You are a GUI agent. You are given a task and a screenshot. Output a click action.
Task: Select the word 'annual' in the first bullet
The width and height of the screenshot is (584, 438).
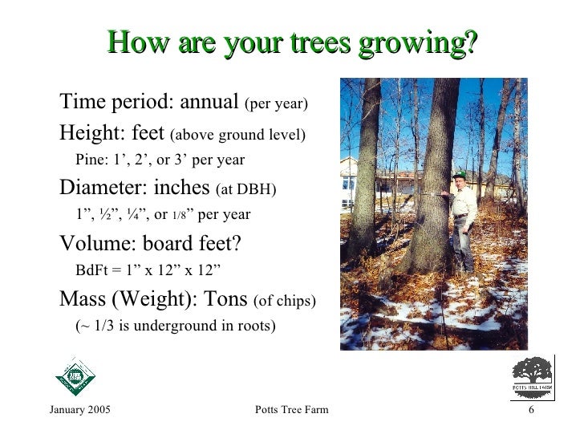[209, 103]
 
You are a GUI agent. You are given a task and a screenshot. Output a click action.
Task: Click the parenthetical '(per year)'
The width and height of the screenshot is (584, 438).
[276, 104]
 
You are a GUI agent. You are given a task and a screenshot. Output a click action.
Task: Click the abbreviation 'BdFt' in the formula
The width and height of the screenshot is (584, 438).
[91, 269]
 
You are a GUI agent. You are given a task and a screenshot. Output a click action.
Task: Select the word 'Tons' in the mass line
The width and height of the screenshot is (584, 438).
[225, 300]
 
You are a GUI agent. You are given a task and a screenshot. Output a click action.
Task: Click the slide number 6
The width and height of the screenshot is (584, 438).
[531, 412]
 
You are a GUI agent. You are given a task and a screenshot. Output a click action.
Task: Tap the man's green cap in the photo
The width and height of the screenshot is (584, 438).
[459, 175]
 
